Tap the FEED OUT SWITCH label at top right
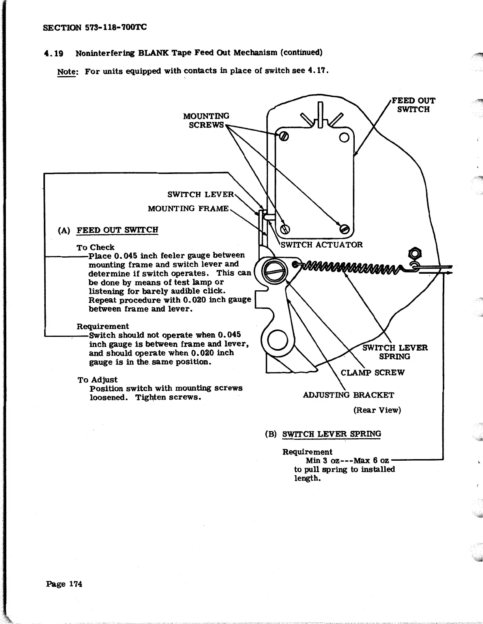413,105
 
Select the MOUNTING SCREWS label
206,120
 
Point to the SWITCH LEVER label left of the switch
201,194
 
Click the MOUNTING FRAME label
188,208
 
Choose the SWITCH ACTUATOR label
322,245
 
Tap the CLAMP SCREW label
373,373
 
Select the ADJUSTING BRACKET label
348,395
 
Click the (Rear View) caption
377,410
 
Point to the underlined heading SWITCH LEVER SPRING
332,434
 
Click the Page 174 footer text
64,584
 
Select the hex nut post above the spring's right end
415,253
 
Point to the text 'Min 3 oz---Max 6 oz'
347,460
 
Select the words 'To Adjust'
97,379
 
